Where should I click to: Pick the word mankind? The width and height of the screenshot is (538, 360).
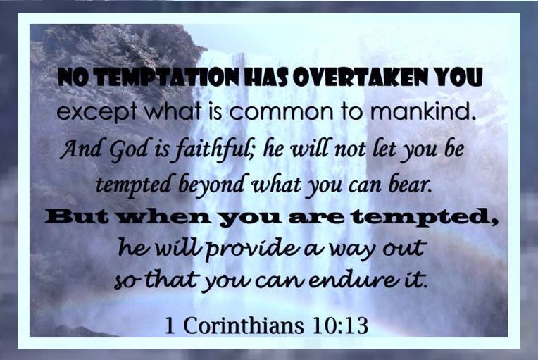coord(421,111)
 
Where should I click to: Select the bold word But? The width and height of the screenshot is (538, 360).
coord(80,218)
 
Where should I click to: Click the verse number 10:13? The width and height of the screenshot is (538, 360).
coord(340,325)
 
